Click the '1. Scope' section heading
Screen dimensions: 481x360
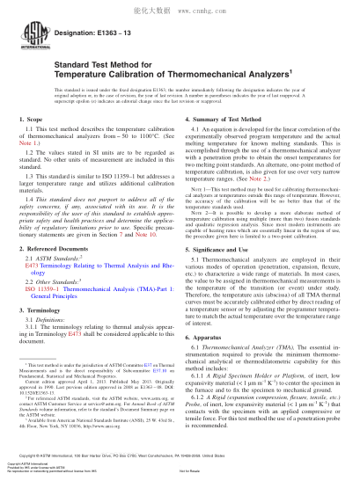[x=30, y=117]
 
